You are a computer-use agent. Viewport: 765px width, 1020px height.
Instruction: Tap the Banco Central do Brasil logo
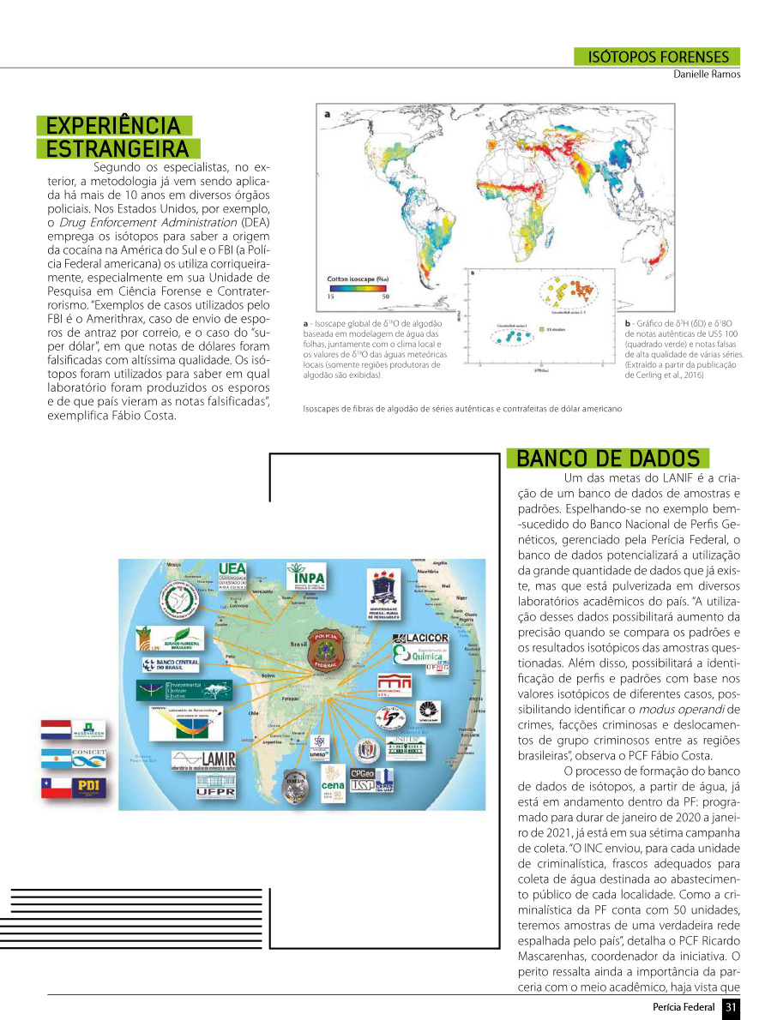pyautogui.click(x=171, y=665)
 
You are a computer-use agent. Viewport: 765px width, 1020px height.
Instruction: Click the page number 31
pyautogui.click(x=731, y=1006)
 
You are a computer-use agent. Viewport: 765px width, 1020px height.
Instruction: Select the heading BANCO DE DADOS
pyautogui.click(x=608, y=458)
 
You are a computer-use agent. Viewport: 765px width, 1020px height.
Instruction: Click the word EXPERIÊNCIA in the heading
pyautogui.click(x=113, y=126)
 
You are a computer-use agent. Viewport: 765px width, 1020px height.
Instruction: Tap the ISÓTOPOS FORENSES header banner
pyautogui.click(x=657, y=57)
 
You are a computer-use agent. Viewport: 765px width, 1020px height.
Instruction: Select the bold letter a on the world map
pyautogui.click(x=327, y=113)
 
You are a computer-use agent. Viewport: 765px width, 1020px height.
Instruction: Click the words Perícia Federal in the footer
pyautogui.click(x=684, y=1006)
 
